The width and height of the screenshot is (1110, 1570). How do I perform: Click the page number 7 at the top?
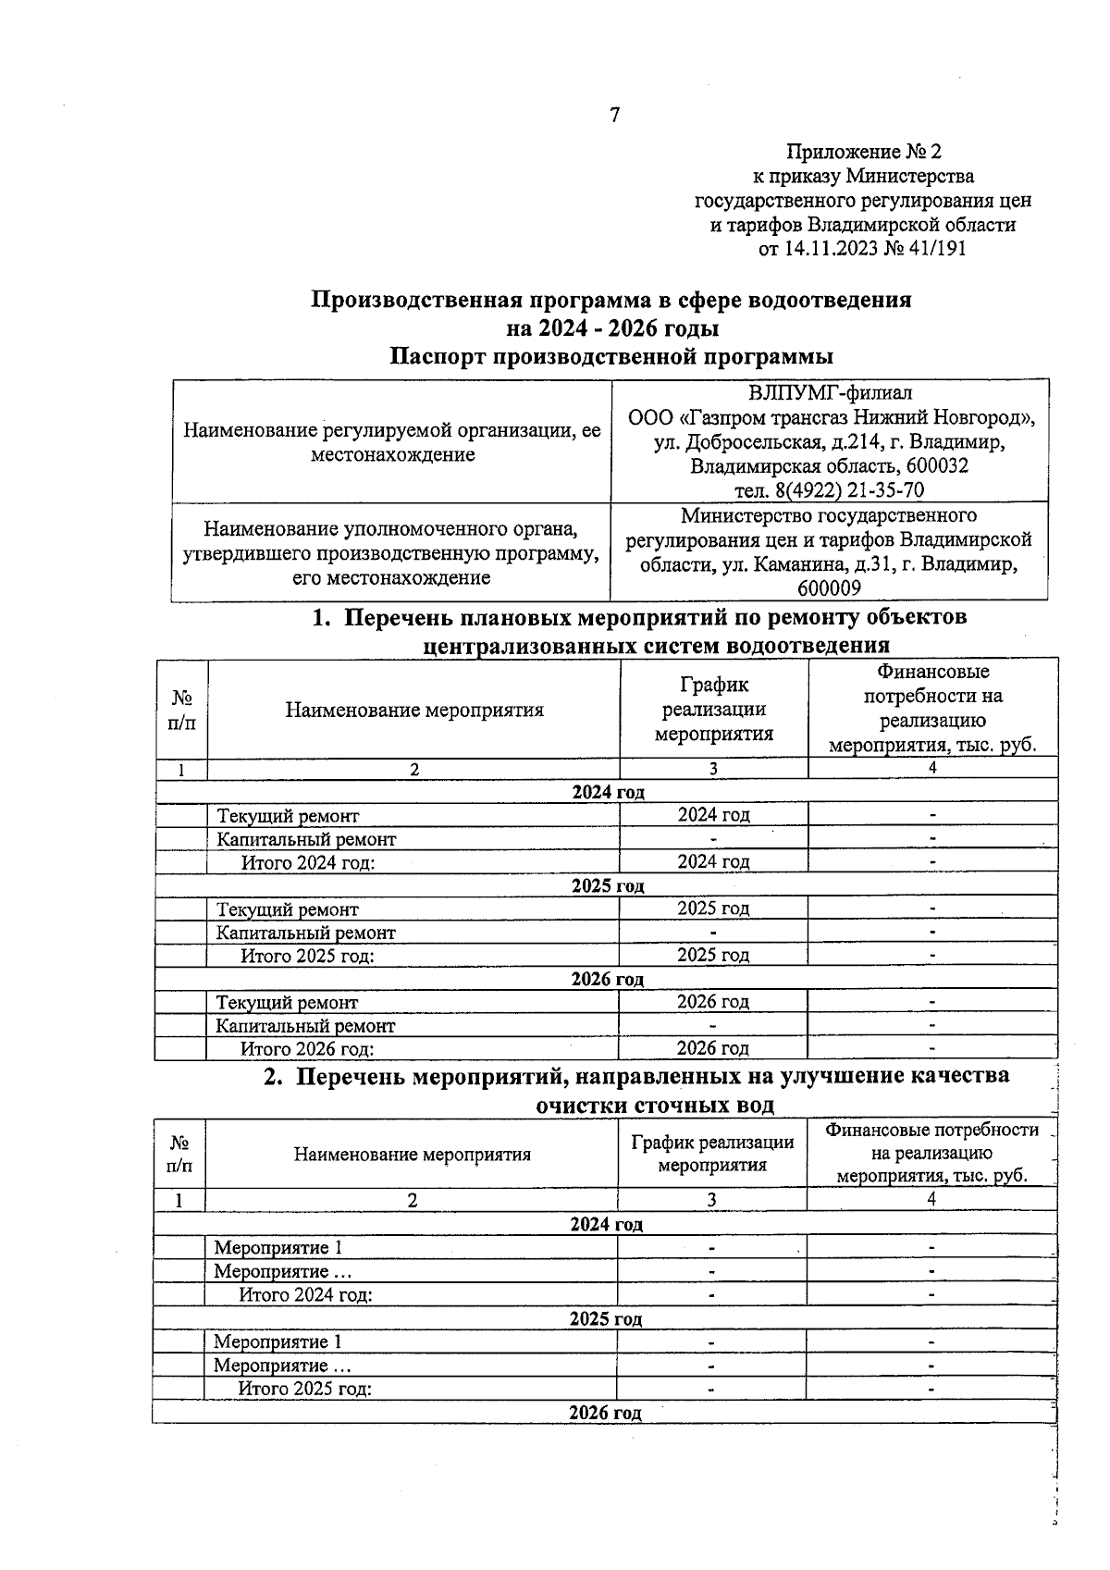click(x=615, y=115)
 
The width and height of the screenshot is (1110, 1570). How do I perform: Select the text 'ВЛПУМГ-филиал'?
click(x=829, y=393)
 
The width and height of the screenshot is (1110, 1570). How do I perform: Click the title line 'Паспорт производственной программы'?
click(x=610, y=357)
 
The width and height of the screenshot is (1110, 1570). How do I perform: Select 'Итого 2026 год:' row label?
click(x=307, y=1049)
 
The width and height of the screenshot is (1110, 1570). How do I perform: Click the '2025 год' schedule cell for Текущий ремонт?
click(x=713, y=909)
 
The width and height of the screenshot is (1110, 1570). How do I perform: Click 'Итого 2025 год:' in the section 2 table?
click(x=305, y=1389)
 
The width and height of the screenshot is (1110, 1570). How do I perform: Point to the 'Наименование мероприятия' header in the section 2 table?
click(x=412, y=1155)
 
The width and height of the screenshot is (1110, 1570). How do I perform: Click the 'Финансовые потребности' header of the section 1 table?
click(x=932, y=708)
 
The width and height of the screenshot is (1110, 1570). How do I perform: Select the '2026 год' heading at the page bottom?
click(x=605, y=1413)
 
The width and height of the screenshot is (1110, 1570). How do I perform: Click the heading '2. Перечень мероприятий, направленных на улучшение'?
click(x=636, y=1076)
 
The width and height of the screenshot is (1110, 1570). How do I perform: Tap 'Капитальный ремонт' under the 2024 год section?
click(x=306, y=840)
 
